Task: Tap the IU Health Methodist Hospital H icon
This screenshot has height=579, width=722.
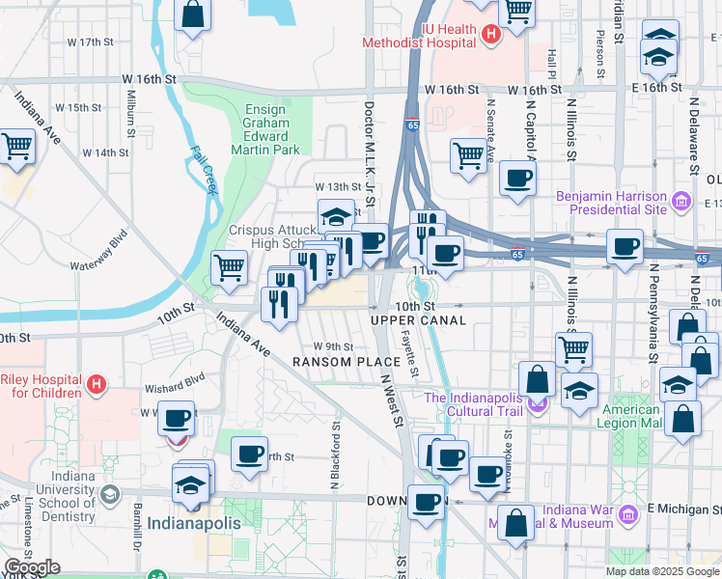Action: pos(490,36)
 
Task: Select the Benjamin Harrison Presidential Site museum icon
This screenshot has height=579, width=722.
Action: pos(681,202)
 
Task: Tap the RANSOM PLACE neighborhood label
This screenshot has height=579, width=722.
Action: pos(340,361)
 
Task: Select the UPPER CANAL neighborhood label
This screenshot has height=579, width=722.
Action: pos(418,319)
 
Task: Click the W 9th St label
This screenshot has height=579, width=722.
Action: pos(333,346)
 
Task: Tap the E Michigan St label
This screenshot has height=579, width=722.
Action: pos(684,508)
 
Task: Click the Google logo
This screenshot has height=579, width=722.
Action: pos(31,567)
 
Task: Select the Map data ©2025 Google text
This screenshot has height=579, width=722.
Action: pos(661,571)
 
